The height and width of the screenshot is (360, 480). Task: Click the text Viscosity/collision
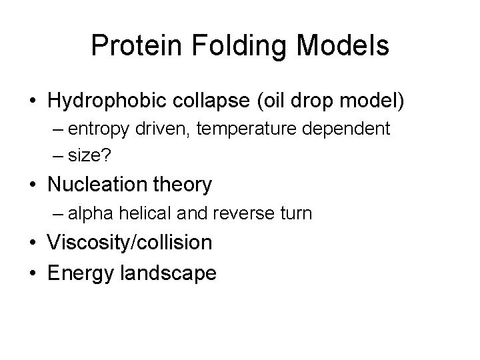pos(130,243)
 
